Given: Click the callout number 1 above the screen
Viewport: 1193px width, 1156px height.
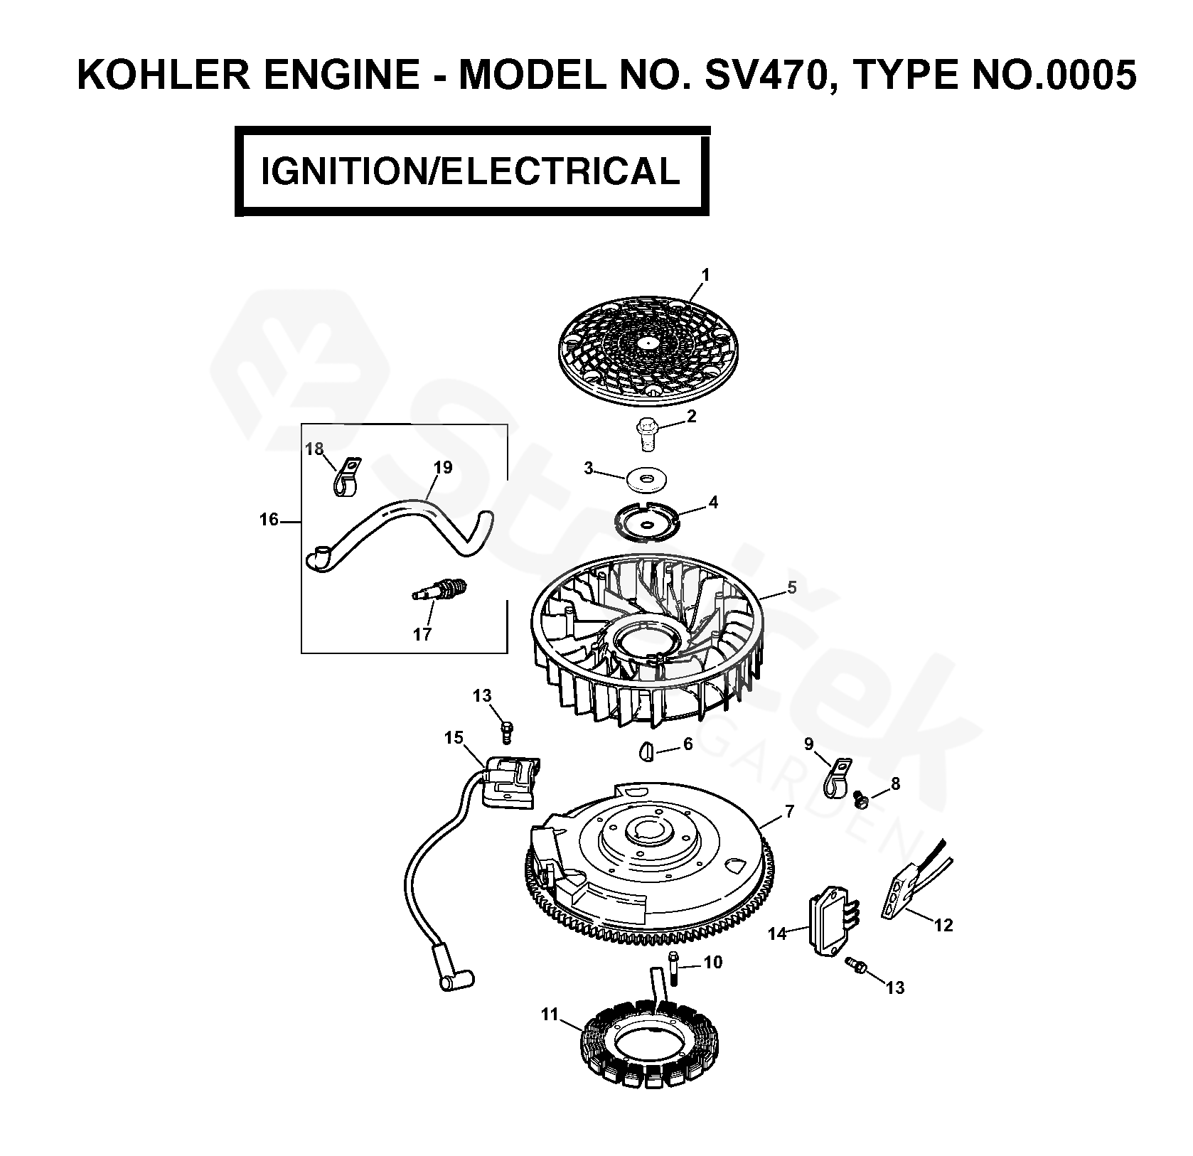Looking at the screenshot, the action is (705, 275).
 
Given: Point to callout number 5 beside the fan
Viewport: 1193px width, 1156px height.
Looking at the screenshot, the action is (792, 587).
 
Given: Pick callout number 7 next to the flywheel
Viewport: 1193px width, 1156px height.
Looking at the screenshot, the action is (789, 812).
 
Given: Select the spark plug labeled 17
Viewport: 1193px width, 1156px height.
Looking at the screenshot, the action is (441, 589).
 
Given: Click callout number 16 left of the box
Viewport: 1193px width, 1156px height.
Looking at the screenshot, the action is (269, 520).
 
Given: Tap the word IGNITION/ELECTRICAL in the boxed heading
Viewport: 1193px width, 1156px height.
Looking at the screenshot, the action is (471, 171).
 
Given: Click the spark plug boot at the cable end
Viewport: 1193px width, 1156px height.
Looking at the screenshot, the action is (455, 979).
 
